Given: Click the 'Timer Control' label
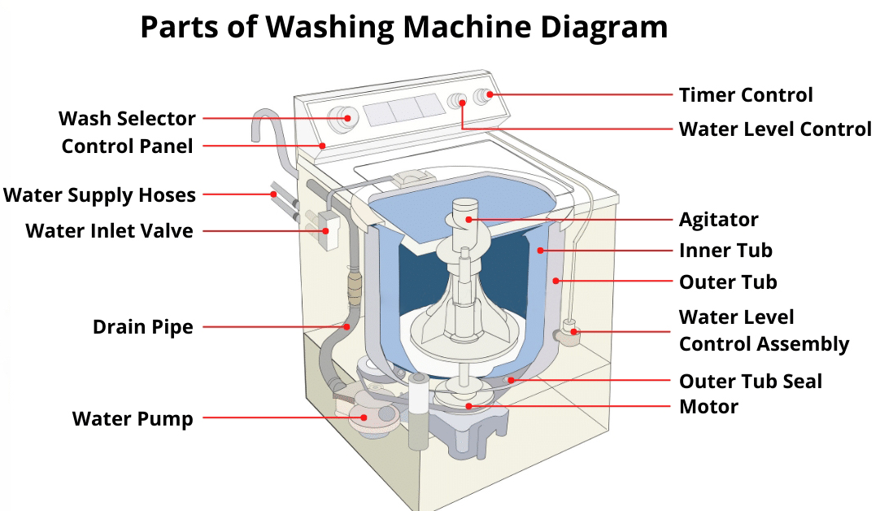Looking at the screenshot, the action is (x=746, y=95).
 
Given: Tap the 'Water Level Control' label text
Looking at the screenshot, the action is (x=775, y=129).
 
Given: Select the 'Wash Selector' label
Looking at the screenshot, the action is (x=127, y=119).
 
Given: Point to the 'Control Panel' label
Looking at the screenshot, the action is (x=127, y=146).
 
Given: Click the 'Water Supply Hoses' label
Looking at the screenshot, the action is (x=100, y=195).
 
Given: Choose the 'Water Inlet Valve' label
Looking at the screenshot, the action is (x=109, y=231).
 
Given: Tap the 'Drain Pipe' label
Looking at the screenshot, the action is (x=143, y=328).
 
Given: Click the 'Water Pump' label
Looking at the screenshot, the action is (x=133, y=419).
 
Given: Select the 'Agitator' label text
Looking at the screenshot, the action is (x=719, y=220).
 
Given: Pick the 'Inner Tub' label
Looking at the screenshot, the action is (x=725, y=251).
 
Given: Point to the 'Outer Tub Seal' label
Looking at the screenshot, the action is (x=751, y=382).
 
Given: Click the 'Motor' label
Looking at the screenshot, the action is (x=708, y=407).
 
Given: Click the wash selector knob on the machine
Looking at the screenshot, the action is (x=344, y=118).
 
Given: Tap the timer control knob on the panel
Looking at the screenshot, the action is (x=484, y=96).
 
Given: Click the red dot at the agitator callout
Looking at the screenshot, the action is (x=468, y=220).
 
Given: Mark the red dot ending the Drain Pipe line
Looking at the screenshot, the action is (x=346, y=326).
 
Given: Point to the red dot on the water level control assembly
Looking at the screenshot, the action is (x=574, y=331).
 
